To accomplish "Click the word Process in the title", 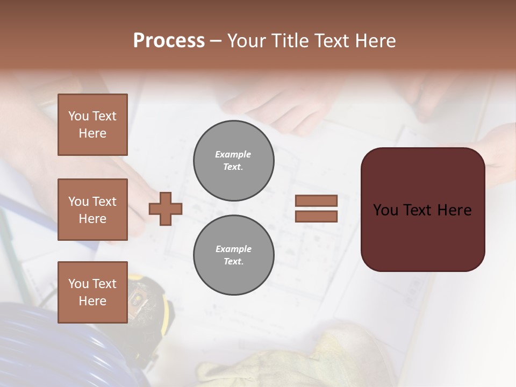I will [x=169, y=41].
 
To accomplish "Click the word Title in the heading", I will [x=288, y=41].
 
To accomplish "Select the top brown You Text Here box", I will [x=92, y=125].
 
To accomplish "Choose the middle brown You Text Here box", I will [x=92, y=210].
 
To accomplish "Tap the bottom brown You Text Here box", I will [x=92, y=292].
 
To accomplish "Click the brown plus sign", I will [x=166, y=209].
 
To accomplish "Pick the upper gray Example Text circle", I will [x=233, y=161].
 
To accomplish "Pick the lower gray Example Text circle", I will [x=233, y=255].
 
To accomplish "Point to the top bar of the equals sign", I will [x=316, y=200].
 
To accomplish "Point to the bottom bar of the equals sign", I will [x=316, y=216].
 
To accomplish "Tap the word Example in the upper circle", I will [x=233, y=154].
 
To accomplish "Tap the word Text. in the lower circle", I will [x=233, y=262].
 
